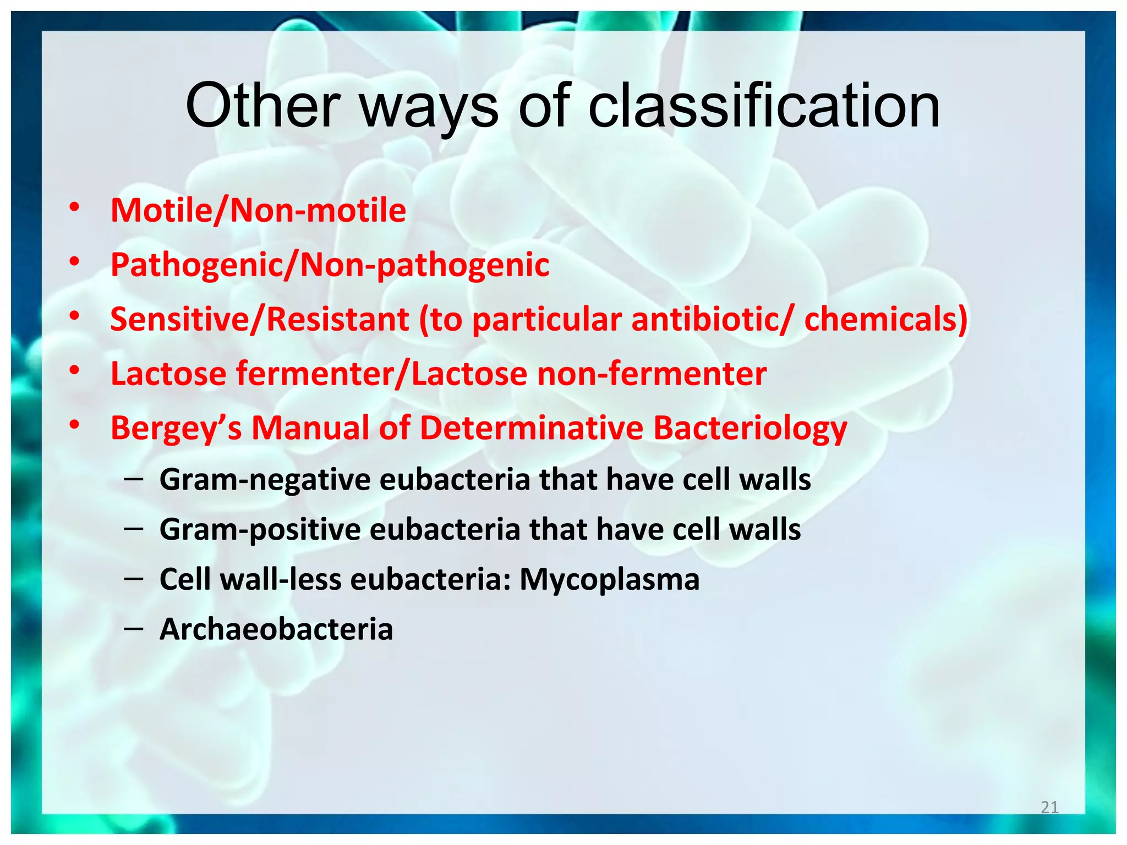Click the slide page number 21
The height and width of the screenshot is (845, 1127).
click(1049, 807)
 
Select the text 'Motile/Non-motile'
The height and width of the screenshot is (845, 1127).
click(258, 211)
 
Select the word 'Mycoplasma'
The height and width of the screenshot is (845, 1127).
click(609, 580)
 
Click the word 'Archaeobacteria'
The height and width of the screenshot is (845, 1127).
click(276, 629)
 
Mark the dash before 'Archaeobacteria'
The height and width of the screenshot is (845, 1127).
click(134, 628)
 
